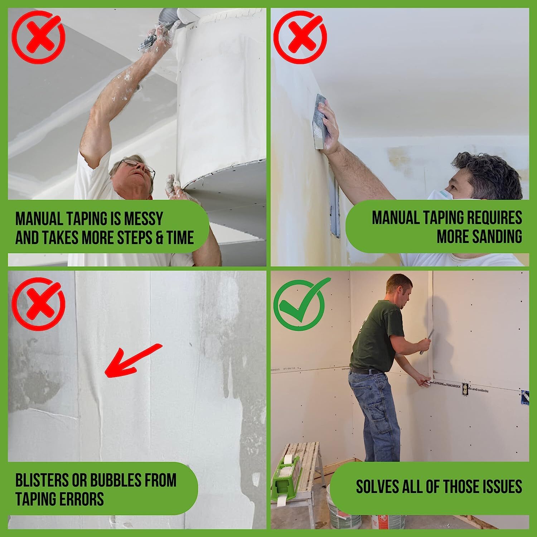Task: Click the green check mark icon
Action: coord(300,304)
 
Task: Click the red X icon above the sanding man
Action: coord(300,38)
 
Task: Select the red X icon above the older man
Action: coord(38,38)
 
